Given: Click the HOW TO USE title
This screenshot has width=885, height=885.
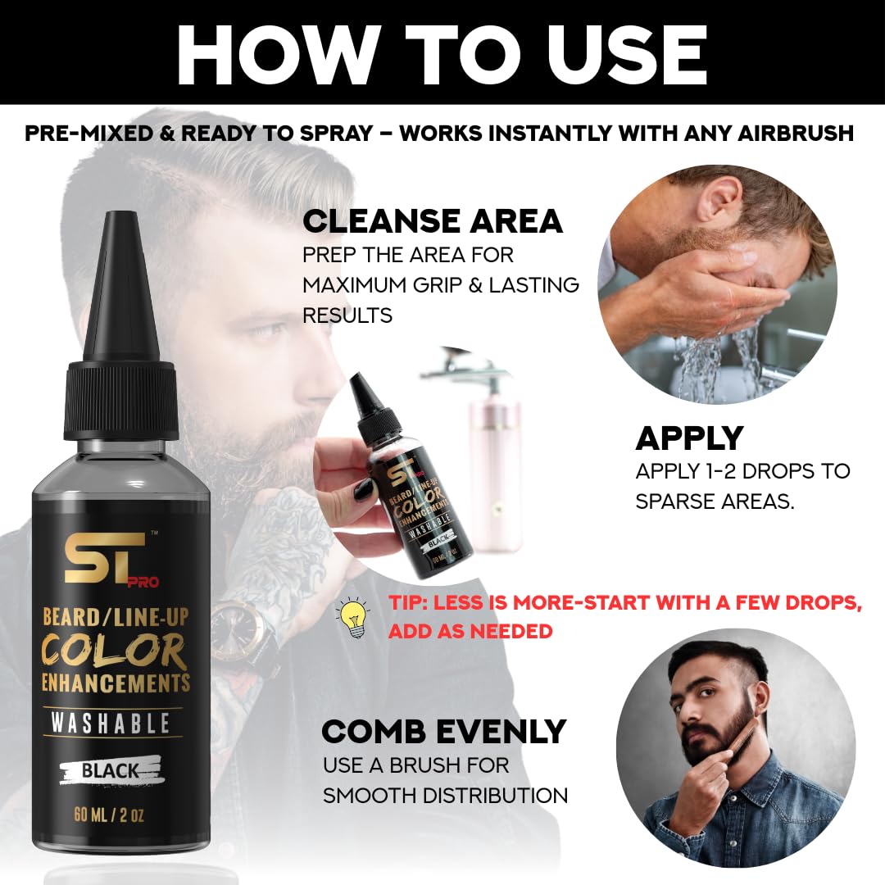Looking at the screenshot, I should pos(442,53).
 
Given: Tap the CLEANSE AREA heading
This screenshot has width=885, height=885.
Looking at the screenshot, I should pos(433,221).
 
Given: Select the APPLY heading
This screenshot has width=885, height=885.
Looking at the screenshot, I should pos(689,439).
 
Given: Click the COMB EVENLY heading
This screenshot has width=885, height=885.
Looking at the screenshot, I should pos(444,731).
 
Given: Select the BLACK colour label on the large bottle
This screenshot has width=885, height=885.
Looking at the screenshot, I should pos(110,769).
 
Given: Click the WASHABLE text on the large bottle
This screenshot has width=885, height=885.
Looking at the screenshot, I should pos(110,723).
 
